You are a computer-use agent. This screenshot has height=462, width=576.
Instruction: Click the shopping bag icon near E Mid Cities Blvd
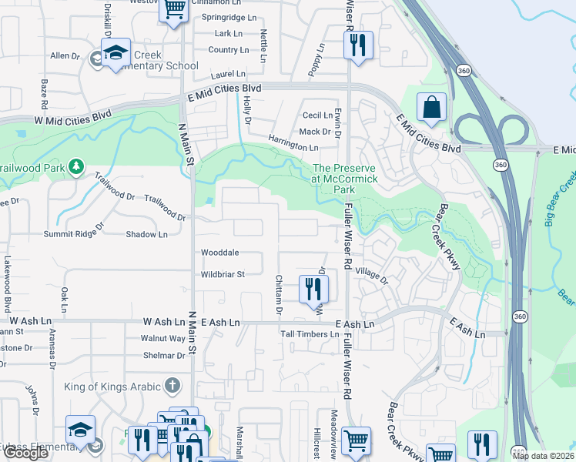[432, 109]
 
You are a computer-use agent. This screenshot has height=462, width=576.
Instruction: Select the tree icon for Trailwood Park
[75, 166]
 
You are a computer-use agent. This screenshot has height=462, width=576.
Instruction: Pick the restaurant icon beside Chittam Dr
[313, 289]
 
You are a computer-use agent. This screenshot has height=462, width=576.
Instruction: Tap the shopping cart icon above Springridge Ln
[174, 10]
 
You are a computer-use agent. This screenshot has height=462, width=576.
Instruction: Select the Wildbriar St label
[223, 274]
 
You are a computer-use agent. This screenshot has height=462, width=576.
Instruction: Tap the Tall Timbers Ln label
[310, 335]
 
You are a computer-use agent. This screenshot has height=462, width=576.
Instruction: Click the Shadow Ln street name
[146, 234]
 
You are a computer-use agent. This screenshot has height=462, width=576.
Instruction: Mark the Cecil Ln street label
[317, 115]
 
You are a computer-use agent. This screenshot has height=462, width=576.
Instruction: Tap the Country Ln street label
[229, 50]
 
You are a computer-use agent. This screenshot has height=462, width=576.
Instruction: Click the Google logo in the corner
[25, 454]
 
